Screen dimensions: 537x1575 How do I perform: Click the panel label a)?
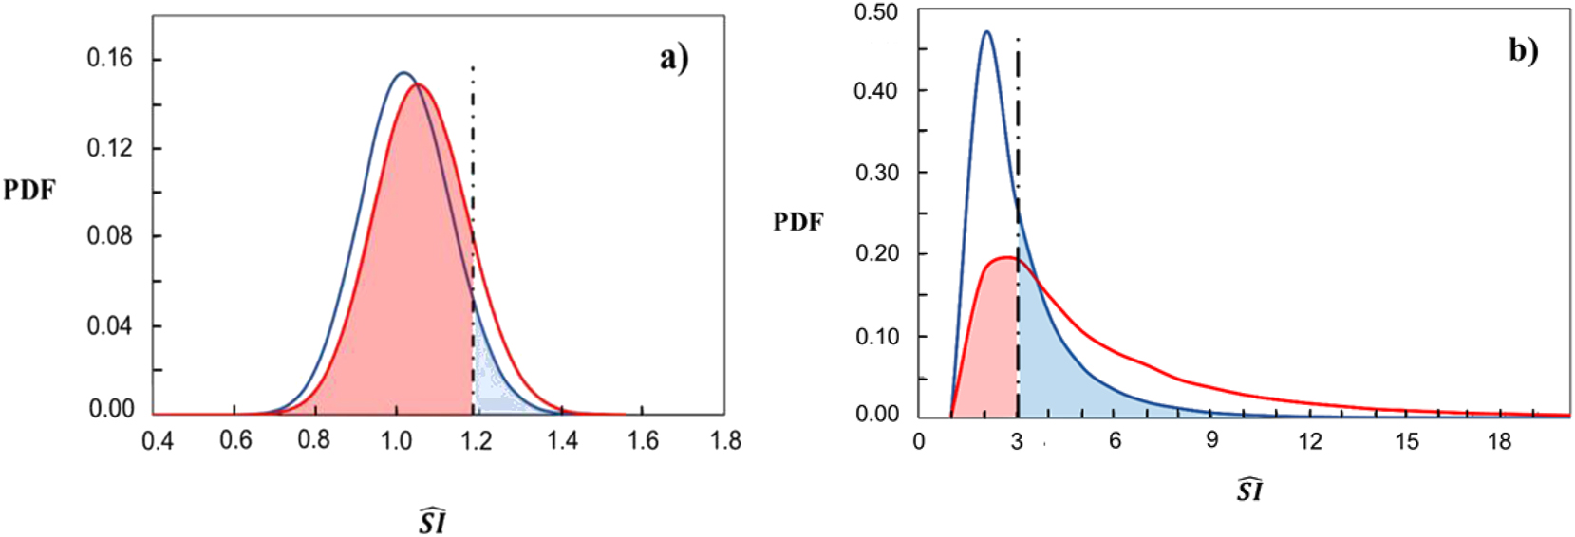pos(674,59)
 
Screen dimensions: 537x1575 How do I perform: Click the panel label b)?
pos(1523,49)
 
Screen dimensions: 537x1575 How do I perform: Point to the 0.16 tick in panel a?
pos(110,59)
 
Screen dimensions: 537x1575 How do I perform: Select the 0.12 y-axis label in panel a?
pos(110,148)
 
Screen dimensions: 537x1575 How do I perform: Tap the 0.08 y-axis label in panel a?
pos(110,235)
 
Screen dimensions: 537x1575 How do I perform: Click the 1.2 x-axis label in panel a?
pos(477,441)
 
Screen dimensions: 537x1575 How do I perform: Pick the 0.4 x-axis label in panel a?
pos(158,441)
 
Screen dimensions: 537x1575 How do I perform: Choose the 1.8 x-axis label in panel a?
pos(725,441)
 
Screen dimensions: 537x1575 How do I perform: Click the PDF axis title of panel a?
pos(29,191)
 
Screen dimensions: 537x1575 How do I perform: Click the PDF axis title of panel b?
pos(798,222)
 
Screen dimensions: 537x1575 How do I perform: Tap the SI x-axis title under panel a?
pos(433,520)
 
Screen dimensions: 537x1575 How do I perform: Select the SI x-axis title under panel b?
pos(1249,490)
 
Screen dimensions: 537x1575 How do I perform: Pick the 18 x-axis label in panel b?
pos(1498,441)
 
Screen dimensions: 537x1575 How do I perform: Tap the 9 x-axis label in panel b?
pos(1211,441)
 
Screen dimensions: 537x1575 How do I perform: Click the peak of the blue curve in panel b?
pos(986,32)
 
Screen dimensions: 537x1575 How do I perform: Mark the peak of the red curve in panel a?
pos(419,85)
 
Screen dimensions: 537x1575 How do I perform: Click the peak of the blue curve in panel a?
pos(403,73)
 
